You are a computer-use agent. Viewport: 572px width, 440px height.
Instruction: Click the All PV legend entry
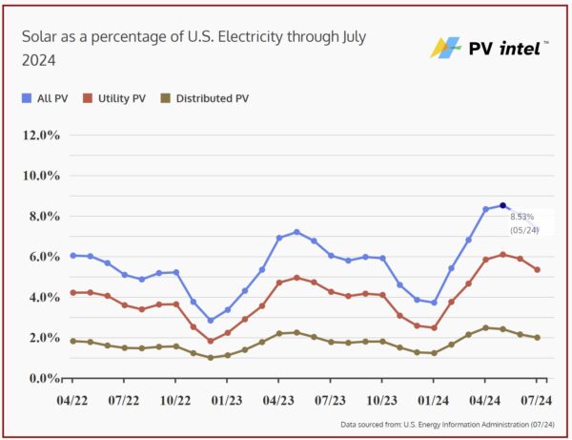46,98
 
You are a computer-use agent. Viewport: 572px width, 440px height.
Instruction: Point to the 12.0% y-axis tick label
42,135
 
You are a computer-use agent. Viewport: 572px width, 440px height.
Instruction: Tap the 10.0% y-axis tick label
42,176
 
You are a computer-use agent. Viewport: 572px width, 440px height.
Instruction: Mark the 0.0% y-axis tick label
44,378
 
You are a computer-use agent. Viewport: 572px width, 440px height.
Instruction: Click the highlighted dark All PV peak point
502,205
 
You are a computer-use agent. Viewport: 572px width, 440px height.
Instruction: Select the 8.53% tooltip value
522,218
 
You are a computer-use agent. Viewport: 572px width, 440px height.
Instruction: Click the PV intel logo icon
444,47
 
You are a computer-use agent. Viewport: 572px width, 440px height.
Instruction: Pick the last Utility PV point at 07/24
538,270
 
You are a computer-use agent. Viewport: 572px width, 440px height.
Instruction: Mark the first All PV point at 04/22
72,256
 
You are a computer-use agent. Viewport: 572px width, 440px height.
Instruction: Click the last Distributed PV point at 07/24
538,337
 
